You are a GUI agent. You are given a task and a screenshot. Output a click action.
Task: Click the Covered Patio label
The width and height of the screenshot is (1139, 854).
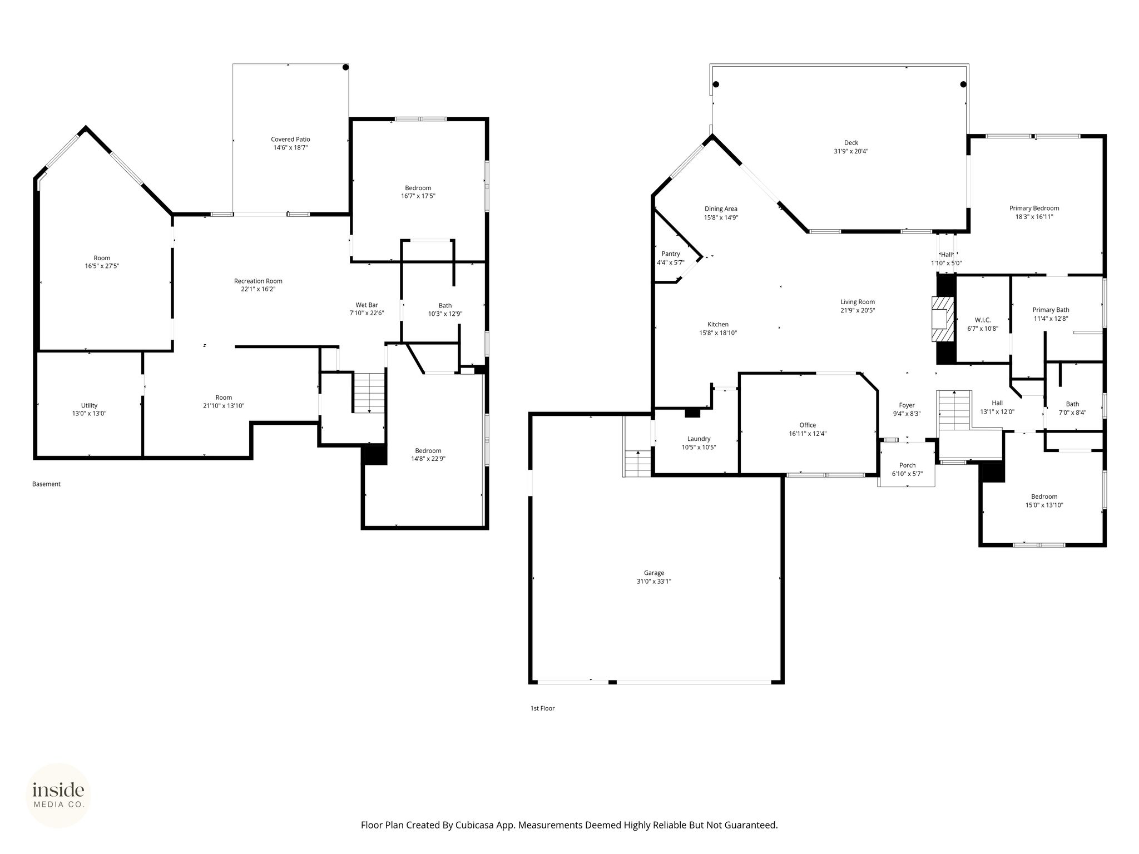pyautogui.click(x=290, y=139)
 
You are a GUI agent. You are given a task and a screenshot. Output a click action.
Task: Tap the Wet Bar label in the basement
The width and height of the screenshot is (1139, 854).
pyautogui.click(x=367, y=305)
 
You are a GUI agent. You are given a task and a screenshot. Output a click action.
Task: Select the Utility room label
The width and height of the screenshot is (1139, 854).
pyautogui.click(x=89, y=405)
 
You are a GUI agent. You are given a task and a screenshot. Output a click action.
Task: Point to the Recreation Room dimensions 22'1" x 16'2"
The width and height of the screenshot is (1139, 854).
pyautogui.click(x=258, y=289)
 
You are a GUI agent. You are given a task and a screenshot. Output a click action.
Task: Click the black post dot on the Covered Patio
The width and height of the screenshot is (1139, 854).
pyautogui.click(x=345, y=67)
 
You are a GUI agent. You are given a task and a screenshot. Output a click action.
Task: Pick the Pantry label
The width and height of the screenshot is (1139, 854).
pyautogui.click(x=671, y=254)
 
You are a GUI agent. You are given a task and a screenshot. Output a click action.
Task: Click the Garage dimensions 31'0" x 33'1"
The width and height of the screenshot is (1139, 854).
pyautogui.click(x=654, y=581)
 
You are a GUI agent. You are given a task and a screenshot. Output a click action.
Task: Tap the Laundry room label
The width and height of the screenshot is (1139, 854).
pyautogui.click(x=699, y=439)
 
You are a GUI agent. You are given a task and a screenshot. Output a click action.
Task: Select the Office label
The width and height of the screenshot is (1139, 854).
pyautogui.click(x=808, y=425)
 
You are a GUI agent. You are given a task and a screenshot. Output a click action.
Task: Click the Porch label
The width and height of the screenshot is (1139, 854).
pyautogui.click(x=907, y=465)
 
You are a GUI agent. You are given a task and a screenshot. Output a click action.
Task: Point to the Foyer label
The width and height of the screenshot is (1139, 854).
pyautogui.click(x=907, y=405)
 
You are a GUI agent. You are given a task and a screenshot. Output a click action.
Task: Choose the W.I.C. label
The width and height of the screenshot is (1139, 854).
pyautogui.click(x=983, y=320)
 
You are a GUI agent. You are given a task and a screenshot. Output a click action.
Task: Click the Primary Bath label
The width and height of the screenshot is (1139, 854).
pyautogui.click(x=1051, y=310)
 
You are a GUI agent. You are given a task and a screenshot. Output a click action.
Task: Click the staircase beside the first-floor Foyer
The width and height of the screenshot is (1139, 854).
pyautogui.click(x=954, y=410)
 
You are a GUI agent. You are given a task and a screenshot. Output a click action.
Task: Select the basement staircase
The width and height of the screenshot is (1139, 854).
pyautogui.click(x=369, y=392)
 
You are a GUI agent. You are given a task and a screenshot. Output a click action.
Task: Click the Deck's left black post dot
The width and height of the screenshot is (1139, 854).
pyautogui.click(x=716, y=85)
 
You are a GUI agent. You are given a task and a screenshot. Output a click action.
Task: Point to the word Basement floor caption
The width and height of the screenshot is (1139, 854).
pyautogui.click(x=46, y=484)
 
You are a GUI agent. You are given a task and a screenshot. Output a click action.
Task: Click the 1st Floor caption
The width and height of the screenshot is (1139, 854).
pyautogui.click(x=542, y=708)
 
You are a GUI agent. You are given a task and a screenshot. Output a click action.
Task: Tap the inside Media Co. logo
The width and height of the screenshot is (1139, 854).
pyautogui.click(x=58, y=796)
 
